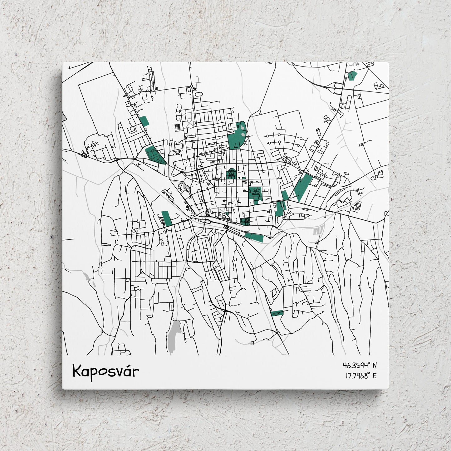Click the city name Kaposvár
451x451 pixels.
point(105,371)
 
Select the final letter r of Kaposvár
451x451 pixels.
point(136,372)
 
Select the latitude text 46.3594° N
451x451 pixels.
point(360,365)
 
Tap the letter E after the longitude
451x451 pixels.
point(375,375)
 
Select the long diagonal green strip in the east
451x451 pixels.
point(302,186)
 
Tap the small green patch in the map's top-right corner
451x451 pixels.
point(352,76)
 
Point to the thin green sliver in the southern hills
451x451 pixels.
point(277,313)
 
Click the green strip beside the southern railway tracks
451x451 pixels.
point(254,237)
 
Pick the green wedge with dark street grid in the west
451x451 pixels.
point(155,154)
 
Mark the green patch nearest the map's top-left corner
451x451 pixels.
point(144,121)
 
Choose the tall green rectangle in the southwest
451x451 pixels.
point(167,218)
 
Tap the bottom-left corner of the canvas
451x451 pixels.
point(63,389)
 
